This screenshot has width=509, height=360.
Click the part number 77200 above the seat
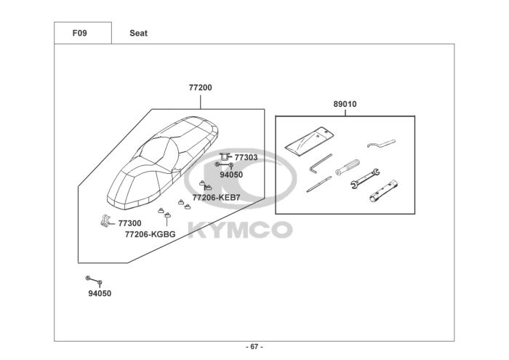[200, 87]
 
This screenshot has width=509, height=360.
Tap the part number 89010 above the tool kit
[345, 104]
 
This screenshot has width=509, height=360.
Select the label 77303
[246, 157]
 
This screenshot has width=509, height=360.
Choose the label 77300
[129, 223]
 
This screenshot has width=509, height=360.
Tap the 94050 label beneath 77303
[231, 175]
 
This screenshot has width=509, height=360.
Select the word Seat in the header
[138, 33]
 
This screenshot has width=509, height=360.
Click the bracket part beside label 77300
[105, 221]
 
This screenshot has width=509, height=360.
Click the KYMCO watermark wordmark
[241, 230]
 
